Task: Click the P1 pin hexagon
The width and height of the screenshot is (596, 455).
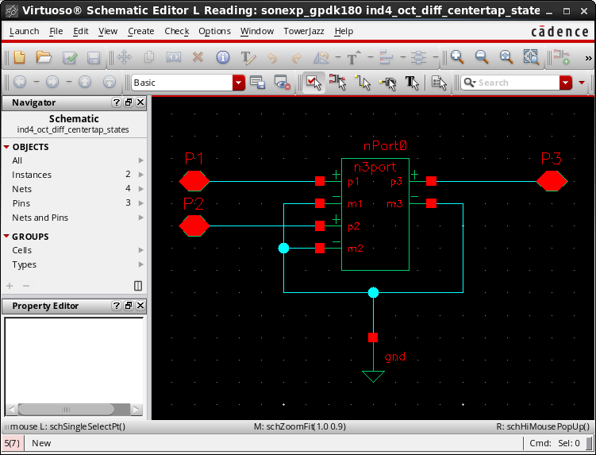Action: (x=194, y=181)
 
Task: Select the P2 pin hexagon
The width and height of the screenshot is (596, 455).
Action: (x=194, y=226)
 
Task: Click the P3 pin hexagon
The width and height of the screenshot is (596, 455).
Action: (x=552, y=181)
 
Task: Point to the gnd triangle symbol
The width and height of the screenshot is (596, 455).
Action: (x=373, y=376)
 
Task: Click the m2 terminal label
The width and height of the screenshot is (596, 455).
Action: (x=356, y=249)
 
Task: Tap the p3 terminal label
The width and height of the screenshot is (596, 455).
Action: (x=397, y=182)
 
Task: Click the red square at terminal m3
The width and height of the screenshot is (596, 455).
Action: (x=431, y=203)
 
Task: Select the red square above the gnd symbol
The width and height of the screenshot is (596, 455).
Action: (x=373, y=337)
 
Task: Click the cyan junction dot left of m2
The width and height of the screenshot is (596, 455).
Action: (x=283, y=249)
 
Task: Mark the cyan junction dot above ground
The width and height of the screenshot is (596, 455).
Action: (x=373, y=292)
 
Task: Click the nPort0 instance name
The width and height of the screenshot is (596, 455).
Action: (x=385, y=145)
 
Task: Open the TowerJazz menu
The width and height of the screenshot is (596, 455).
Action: (x=304, y=31)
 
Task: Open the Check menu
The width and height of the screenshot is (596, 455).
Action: (x=177, y=31)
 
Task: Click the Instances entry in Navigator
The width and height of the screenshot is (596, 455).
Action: (x=32, y=175)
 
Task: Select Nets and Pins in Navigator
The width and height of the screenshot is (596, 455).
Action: (x=40, y=218)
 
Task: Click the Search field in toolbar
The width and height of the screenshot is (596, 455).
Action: (x=510, y=83)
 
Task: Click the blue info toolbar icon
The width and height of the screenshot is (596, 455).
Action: (x=223, y=57)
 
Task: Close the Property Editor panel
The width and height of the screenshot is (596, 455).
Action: (x=140, y=306)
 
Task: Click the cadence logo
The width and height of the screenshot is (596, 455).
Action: (x=559, y=32)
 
